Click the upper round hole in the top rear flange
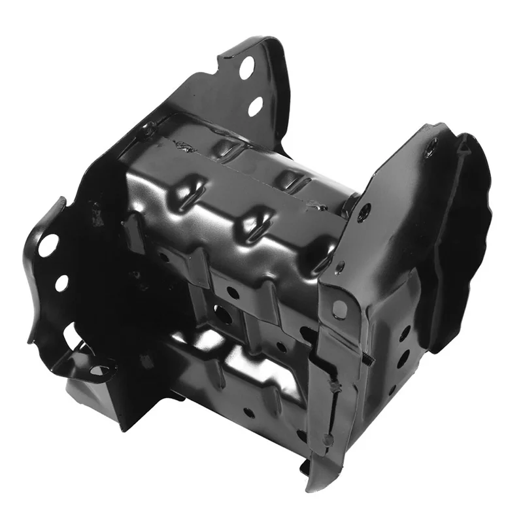coord(246,68)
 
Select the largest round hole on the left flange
coord(48,245)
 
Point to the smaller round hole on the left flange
coord(61,283)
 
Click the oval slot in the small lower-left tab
coord(99,371)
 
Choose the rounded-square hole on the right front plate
coord(339,309)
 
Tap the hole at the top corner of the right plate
coord(430,152)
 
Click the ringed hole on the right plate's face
coord(364,211)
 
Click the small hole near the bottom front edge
coord(249,413)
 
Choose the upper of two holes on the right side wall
coord(405,333)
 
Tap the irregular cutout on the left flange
coord(72,334)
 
